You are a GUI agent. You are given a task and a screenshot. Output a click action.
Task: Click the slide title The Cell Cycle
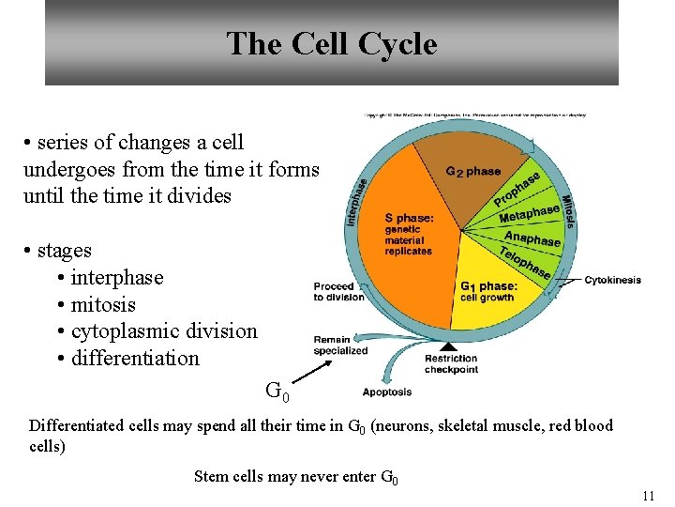pos(331,44)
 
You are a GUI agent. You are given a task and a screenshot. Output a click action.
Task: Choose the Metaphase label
pos(529,214)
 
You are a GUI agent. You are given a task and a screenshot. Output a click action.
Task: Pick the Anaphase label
pos(532,239)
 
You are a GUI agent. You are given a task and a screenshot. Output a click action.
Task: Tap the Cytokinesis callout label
pos(612,280)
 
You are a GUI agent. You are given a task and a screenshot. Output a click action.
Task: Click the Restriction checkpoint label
pos(451,364)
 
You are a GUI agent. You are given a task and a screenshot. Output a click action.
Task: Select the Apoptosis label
pos(386,392)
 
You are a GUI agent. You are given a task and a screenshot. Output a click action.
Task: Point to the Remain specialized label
pos(340,346)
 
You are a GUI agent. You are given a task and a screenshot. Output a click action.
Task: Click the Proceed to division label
pos(338,291)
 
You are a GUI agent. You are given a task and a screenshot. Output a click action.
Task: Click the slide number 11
pos(648,496)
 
